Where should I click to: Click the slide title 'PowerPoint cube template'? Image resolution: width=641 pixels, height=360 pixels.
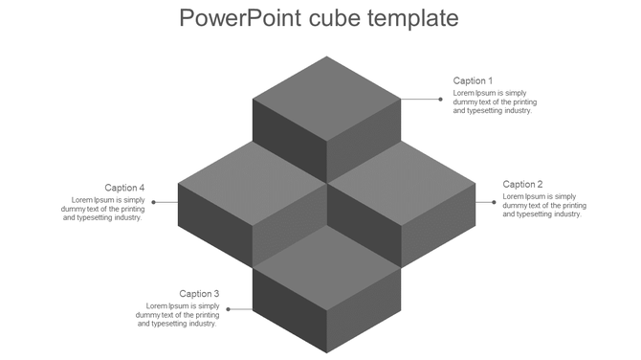(x=320, y=18)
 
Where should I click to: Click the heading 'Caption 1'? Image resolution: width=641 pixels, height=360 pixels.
(x=473, y=81)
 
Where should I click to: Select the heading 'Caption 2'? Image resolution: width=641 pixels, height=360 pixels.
(x=522, y=185)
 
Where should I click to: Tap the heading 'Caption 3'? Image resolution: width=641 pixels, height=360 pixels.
(x=199, y=294)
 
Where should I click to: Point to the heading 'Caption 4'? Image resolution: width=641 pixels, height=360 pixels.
(x=124, y=188)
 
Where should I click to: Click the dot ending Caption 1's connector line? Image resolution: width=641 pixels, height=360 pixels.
(x=440, y=99)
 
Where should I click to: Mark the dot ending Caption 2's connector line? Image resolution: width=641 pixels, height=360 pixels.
(x=494, y=202)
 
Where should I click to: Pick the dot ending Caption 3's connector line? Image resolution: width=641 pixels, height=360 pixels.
(x=228, y=310)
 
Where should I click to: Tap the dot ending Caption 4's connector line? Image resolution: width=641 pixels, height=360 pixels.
(x=153, y=202)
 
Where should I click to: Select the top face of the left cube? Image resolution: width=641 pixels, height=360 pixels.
(x=252, y=182)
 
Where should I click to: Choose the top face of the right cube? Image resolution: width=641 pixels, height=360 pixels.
(x=401, y=182)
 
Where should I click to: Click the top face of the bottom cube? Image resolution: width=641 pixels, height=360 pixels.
(x=326, y=266)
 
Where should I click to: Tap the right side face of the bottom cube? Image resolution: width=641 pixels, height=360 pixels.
(x=364, y=316)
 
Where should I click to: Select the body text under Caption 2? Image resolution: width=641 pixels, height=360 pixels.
(x=544, y=205)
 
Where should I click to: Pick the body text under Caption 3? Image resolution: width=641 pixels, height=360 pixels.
(x=178, y=315)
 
